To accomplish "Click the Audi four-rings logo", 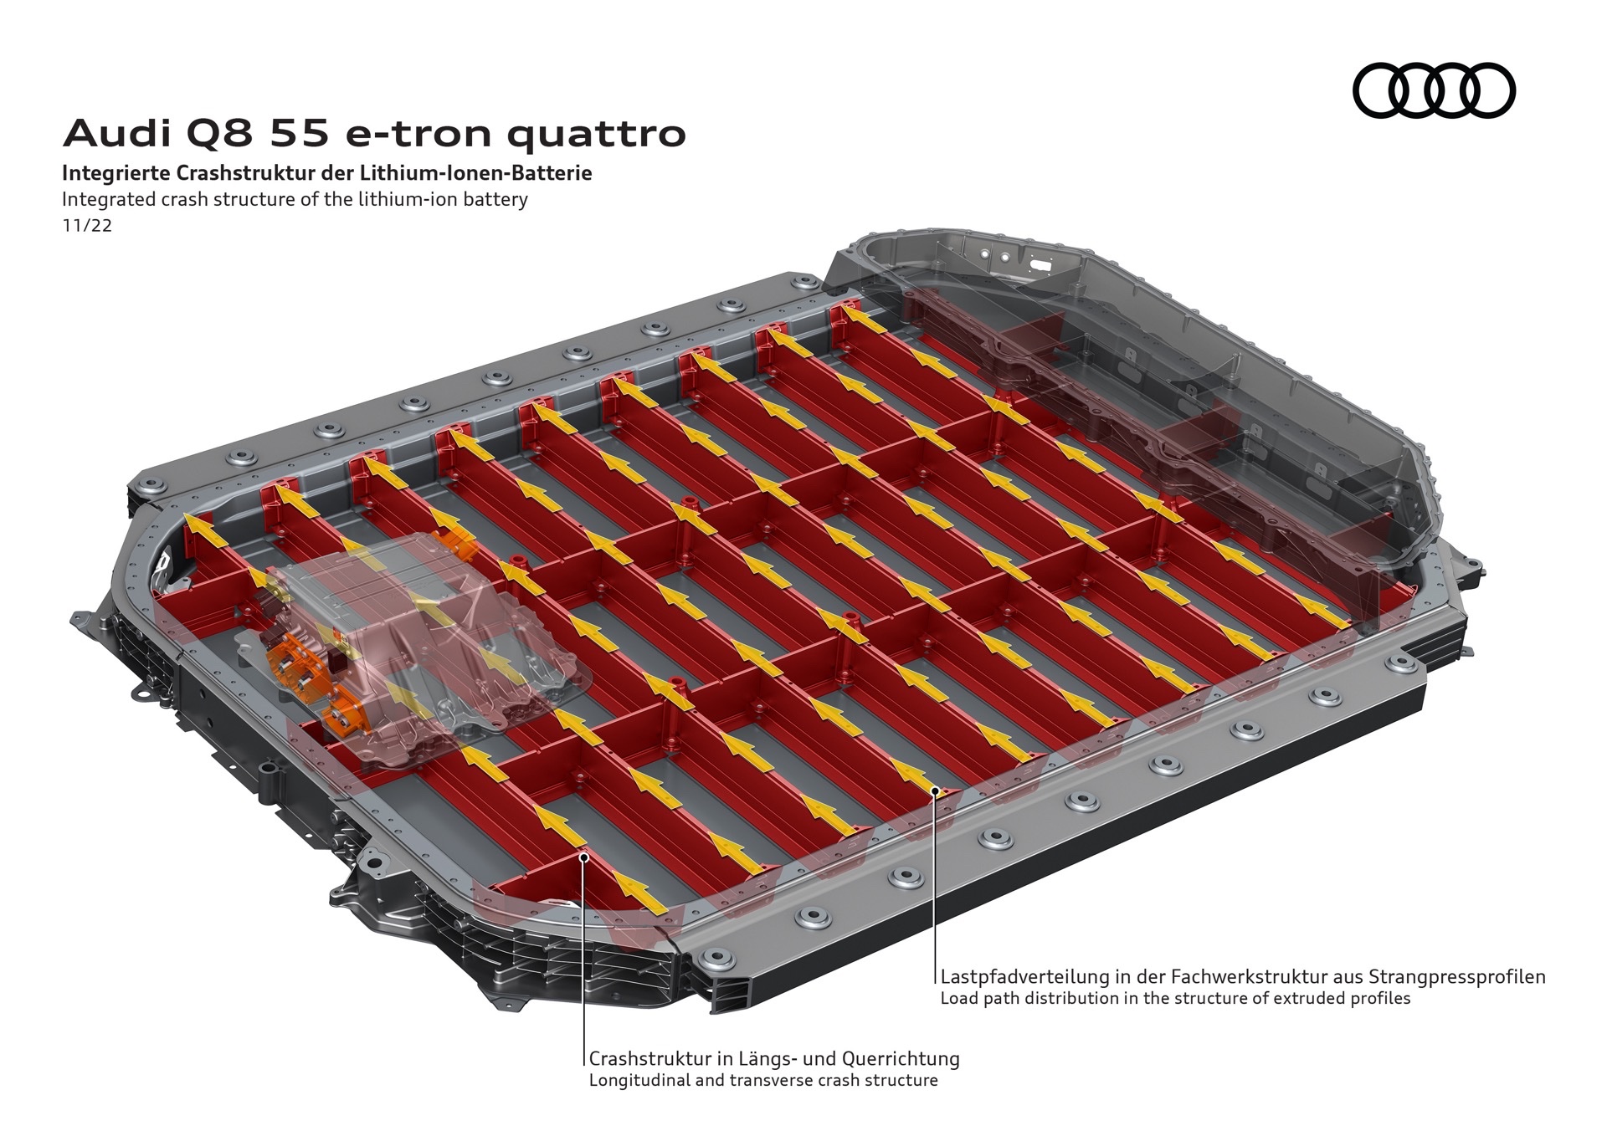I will pyautogui.click(x=1433, y=90).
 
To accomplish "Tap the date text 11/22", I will pyautogui.click(x=87, y=226).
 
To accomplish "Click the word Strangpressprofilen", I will pyautogui.click(x=1456, y=976).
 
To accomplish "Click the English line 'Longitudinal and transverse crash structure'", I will pyautogui.click(x=763, y=1080).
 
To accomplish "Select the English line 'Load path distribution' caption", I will pyautogui.click(x=1175, y=998).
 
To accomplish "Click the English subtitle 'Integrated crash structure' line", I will pyautogui.click(x=295, y=200).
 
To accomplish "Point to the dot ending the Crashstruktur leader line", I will pyautogui.click(x=583, y=856).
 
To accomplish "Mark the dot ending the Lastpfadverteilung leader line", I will pyautogui.click(x=935, y=789).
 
